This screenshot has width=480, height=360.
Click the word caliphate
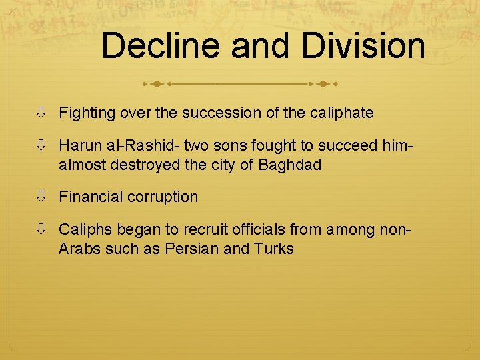coord(341,113)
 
